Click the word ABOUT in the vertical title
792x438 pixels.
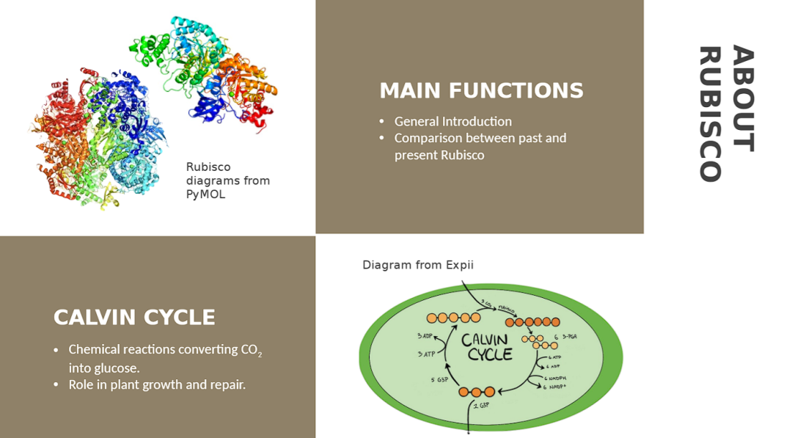pyautogui.click(x=742, y=98)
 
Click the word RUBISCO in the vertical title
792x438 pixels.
pyautogui.click(x=709, y=114)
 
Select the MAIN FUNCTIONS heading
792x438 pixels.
pyautogui.click(x=481, y=91)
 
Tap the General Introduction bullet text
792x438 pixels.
pyautogui.click(x=452, y=122)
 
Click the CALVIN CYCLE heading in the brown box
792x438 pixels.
pyautogui.click(x=134, y=318)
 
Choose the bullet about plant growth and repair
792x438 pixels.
pyautogui.click(x=156, y=384)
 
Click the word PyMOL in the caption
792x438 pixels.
pyautogui.click(x=205, y=194)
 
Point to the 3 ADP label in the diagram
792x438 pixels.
pyautogui.click(x=425, y=336)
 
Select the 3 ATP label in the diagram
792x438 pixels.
pyautogui.click(x=426, y=354)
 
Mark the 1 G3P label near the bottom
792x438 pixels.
pyautogui.click(x=481, y=405)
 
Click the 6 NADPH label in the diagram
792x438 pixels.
pyautogui.click(x=557, y=378)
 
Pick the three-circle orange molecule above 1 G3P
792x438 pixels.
pyautogui.click(x=477, y=392)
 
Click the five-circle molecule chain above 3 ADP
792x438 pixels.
pyautogui.click(x=453, y=318)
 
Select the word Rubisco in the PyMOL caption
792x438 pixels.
pyautogui.click(x=208, y=167)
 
